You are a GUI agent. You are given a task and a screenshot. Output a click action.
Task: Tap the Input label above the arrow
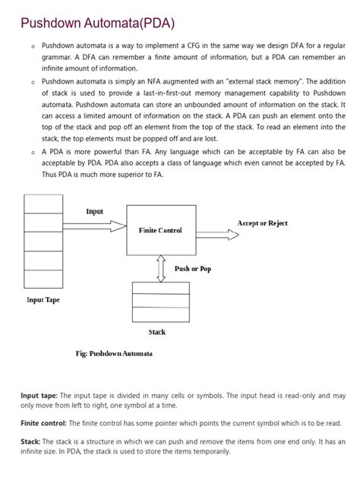click(95, 212)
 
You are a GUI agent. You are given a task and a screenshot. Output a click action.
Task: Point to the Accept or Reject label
click(263, 223)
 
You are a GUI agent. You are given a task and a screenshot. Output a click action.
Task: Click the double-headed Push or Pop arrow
click(160, 268)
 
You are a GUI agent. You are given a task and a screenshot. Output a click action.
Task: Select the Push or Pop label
click(193, 270)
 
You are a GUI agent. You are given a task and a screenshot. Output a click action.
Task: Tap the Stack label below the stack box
click(156, 332)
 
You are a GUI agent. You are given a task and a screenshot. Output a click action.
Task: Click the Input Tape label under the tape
click(43, 300)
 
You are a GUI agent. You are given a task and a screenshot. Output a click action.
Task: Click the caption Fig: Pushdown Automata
click(114, 353)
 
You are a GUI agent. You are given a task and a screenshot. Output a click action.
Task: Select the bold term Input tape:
click(38, 396)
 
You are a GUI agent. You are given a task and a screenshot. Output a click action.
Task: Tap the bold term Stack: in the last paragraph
click(32, 441)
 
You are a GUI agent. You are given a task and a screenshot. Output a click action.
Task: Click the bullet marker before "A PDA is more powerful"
click(33, 153)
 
